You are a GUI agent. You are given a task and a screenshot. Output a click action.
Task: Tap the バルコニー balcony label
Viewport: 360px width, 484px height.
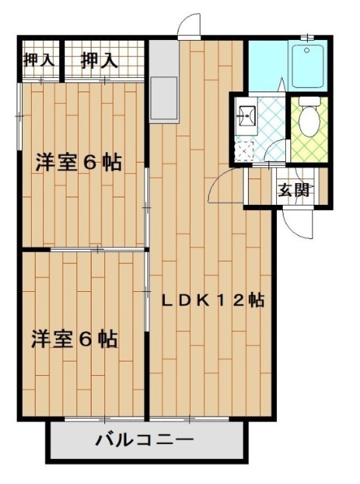(145, 439)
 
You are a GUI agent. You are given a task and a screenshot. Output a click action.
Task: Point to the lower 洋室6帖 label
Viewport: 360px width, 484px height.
(74, 339)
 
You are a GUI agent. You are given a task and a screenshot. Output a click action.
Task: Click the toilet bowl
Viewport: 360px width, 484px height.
(308, 122)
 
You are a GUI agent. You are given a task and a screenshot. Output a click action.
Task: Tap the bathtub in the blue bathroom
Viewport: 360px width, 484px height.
(309, 66)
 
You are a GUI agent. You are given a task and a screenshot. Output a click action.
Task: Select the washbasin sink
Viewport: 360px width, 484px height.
(247, 115)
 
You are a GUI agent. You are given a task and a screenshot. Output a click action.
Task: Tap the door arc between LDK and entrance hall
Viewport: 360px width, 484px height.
(225, 185)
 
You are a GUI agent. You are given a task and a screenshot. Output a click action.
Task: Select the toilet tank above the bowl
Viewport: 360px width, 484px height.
(309, 101)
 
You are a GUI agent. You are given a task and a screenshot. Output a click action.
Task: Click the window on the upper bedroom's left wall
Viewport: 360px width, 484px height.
(20, 113)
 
